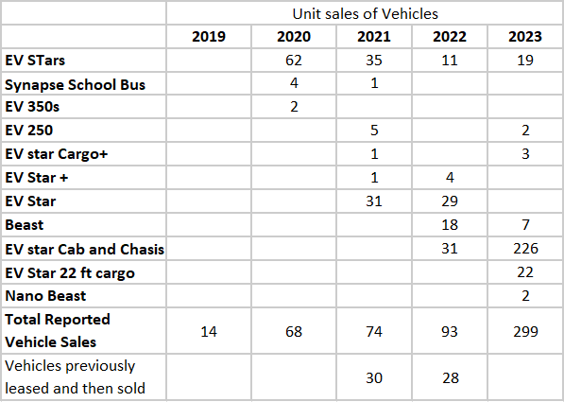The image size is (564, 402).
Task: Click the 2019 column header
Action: [209, 37]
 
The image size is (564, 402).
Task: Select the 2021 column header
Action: [375, 37]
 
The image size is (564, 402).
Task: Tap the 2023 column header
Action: [524, 37]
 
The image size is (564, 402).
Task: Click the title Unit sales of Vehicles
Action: [365, 13]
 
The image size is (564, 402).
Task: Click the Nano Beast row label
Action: [40, 296]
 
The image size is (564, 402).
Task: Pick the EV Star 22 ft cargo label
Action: [70, 273]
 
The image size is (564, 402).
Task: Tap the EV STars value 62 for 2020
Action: [294, 61]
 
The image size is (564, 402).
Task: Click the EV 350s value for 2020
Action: [294, 106]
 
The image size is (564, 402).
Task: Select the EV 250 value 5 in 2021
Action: [375, 131]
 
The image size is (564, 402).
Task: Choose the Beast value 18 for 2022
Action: [450, 225]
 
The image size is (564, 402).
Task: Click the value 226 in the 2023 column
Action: [524, 249]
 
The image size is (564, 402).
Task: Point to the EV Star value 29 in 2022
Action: [450, 201]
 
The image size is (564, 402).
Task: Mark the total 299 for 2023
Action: [524, 332]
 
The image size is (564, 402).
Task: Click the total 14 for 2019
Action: [209, 332]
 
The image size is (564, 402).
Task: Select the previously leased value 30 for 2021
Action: [375, 377]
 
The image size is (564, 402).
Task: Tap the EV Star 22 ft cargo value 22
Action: [524, 273]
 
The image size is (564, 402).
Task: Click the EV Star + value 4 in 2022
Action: [450, 177]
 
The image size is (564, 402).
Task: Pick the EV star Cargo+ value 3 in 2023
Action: [524, 154]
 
